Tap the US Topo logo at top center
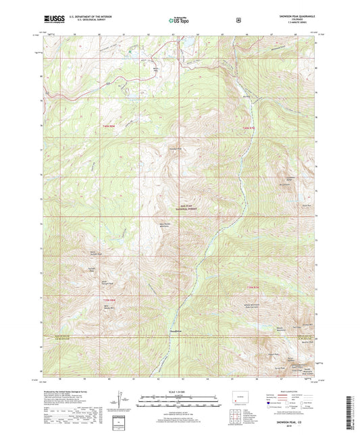[180, 21]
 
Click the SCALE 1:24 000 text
[180, 392]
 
